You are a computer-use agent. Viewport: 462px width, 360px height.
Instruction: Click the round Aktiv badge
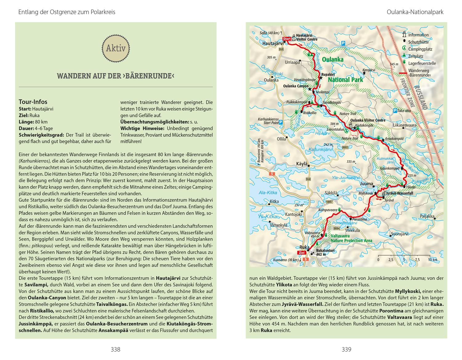point(115,48)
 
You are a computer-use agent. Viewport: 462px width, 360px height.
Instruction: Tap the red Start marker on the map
point(287,39)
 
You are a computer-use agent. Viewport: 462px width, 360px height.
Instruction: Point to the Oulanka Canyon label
point(296,86)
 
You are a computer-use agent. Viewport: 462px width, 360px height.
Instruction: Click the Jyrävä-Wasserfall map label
point(399,193)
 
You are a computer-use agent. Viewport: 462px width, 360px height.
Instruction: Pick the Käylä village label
point(302,164)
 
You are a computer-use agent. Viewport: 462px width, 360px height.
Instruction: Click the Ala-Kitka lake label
point(268,193)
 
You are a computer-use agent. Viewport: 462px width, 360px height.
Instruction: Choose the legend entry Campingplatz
point(420,49)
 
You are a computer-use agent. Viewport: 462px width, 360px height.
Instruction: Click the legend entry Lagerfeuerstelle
point(422,63)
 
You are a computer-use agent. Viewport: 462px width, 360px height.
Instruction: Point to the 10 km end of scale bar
point(432,260)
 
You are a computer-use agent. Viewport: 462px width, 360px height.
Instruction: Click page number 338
point(115,349)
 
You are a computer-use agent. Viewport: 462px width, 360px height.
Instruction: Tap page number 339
point(346,349)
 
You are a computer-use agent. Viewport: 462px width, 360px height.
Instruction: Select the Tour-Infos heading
point(33,102)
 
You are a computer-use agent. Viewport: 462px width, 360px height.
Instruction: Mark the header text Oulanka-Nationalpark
point(415,12)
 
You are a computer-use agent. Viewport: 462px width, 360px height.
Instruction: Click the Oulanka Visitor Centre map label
point(368,120)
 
